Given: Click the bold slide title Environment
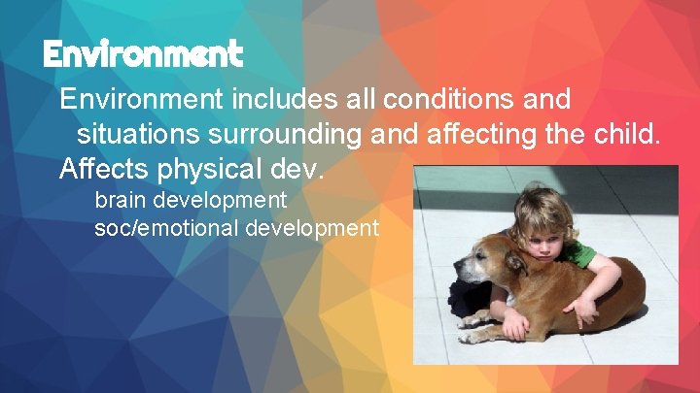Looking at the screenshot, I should coord(142,54).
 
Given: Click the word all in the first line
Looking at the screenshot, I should coord(354,99).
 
